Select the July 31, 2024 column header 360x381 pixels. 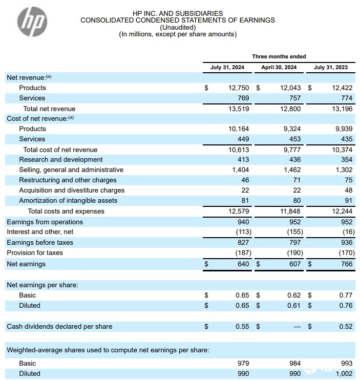point(226,67)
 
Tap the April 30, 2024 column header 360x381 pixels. point(279,67)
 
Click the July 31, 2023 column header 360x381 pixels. point(330,67)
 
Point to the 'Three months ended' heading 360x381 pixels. point(279,56)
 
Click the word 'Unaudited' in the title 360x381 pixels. point(178,28)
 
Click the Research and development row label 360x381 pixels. point(61,160)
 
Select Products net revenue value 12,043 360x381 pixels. point(290,88)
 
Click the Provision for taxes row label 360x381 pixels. point(35,253)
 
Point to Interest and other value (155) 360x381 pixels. point(292,232)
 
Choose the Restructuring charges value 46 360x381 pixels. point(244,180)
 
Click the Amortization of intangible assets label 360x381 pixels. point(68,201)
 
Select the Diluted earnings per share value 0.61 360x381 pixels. point(294,306)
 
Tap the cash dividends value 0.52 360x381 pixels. point(346,327)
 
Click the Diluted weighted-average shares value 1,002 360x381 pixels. point(344,374)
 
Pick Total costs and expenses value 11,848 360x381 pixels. point(290,211)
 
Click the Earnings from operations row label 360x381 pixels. point(45,222)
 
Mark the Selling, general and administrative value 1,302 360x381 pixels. point(344,170)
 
